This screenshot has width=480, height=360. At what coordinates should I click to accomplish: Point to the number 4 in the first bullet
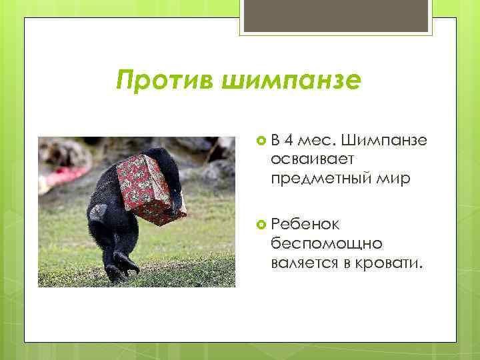coord(289,141)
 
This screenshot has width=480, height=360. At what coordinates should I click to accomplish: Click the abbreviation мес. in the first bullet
coord(317,141)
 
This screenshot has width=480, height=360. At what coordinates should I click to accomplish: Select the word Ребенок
coord(305,226)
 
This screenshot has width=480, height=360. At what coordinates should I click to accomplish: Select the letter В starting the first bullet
coord(275,141)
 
